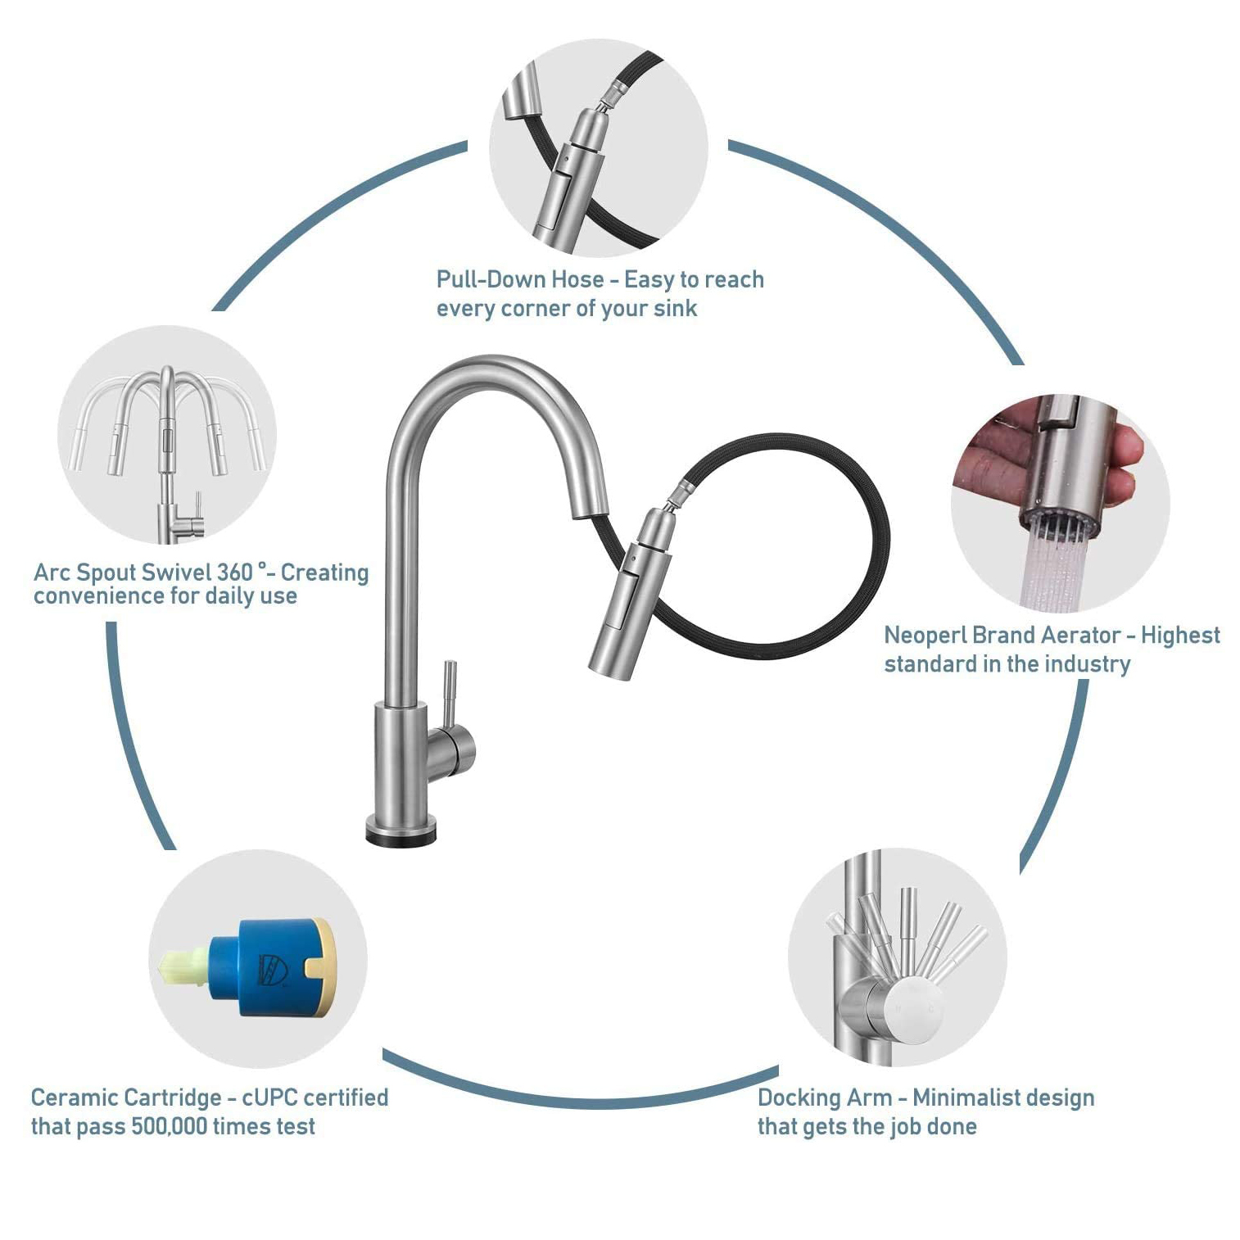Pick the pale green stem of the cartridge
(x=183, y=966)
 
